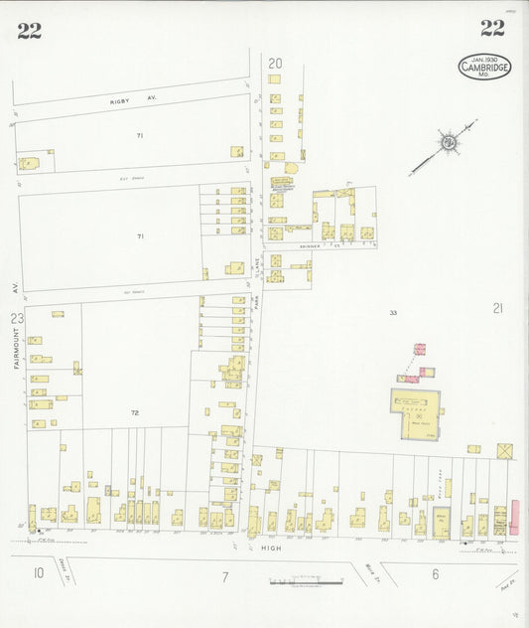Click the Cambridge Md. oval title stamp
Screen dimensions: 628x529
(484, 67)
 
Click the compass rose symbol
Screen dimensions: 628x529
(449, 144)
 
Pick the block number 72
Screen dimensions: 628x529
(135, 410)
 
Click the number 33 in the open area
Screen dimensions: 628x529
(393, 313)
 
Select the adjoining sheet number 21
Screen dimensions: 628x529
(497, 308)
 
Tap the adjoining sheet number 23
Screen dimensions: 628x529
(16, 318)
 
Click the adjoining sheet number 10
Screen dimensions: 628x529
(38, 571)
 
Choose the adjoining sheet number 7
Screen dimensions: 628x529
(225, 576)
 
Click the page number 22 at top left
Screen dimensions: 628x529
(29, 30)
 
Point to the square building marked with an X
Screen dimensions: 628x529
(505, 451)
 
